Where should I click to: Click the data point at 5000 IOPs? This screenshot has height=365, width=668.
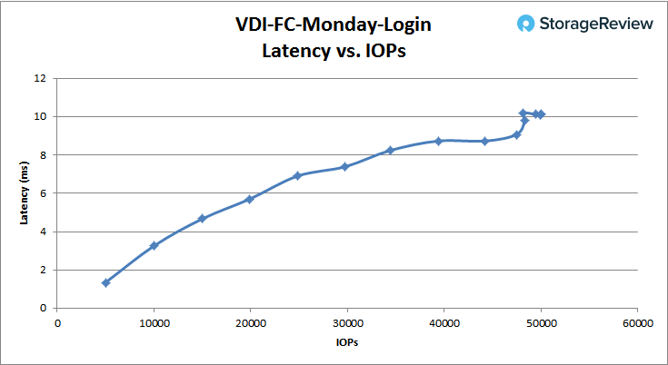point(106,282)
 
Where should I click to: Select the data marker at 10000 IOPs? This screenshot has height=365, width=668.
point(155,245)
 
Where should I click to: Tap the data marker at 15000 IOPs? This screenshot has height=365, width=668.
point(203,219)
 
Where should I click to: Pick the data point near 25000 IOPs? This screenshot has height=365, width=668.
point(297,175)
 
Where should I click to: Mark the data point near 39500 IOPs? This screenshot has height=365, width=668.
point(439,141)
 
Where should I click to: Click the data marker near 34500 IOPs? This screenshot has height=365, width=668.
point(391,150)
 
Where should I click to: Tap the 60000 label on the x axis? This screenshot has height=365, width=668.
point(636,322)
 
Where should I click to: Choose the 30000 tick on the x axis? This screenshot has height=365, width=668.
point(347,322)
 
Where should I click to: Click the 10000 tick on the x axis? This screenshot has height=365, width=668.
point(155,322)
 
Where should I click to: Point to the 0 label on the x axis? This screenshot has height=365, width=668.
point(58,322)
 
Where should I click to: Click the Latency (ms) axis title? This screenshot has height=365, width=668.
point(25,192)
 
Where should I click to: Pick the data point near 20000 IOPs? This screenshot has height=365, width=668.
point(249,199)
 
